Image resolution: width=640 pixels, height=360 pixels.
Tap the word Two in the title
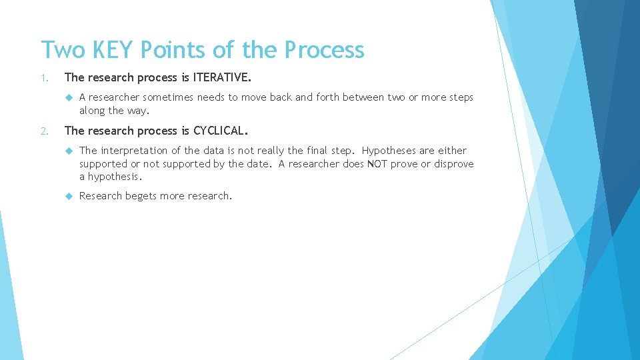(x=63, y=50)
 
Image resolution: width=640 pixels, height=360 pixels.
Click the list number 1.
(x=44, y=79)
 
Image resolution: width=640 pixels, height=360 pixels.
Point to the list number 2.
(x=44, y=131)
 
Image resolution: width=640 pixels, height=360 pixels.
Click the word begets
(x=141, y=196)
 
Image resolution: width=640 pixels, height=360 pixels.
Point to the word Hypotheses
(x=390, y=151)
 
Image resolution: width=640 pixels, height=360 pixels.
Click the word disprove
(x=454, y=164)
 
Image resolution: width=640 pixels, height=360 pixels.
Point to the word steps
(x=459, y=97)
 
